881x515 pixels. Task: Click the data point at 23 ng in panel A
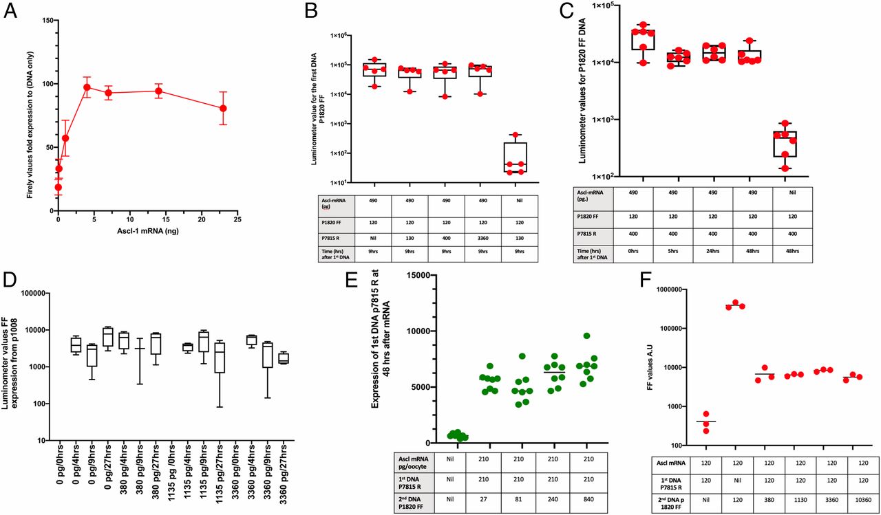click(222, 108)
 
